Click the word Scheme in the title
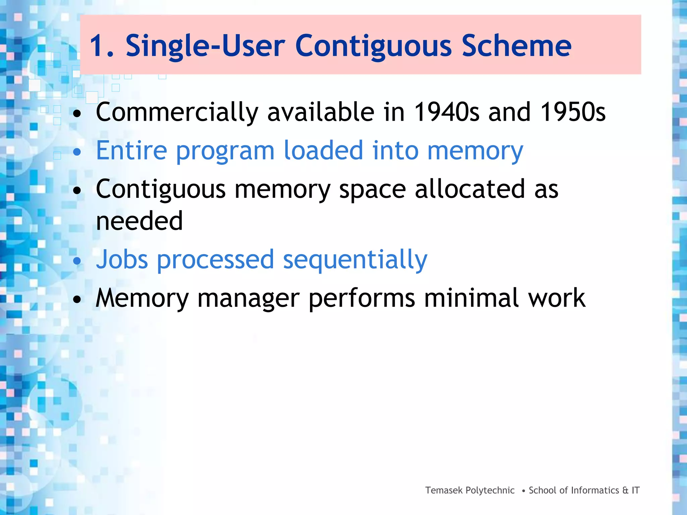516,46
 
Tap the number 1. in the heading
102,46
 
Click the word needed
139,221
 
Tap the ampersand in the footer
625,490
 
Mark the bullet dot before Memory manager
77,299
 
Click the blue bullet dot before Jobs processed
77,261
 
